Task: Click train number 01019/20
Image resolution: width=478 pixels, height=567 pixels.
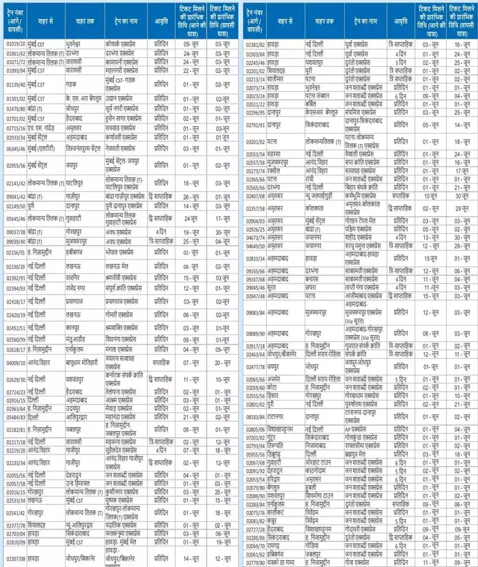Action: pyautogui.click(x=15, y=43)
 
